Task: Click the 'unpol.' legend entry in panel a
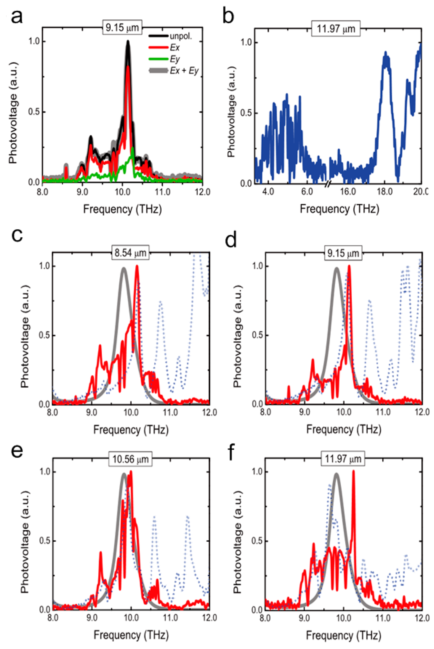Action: pyautogui.click(x=180, y=36)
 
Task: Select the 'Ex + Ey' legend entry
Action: pyautogui.click(x=184, y=71)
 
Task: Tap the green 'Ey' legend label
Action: pyautogui.click(x=175, y=59)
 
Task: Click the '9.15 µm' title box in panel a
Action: pyautogui.click(x=122, y=28)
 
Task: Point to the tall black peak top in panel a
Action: pyautogui.click(x=128, y=42)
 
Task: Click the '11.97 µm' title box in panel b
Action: pyautogui.click(x=335, y=29)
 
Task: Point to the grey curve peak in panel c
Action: pyautogui.click(x=124, y=268)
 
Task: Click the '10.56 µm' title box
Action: pyautogui.click(x=130, y=459)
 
